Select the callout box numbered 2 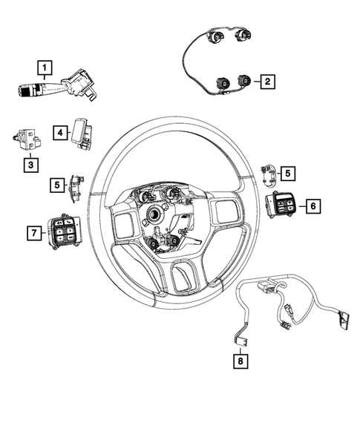266,84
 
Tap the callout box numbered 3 29,164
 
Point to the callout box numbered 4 59,131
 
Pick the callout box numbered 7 33,234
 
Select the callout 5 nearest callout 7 56,184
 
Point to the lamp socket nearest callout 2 243,82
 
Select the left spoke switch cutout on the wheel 121,223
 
